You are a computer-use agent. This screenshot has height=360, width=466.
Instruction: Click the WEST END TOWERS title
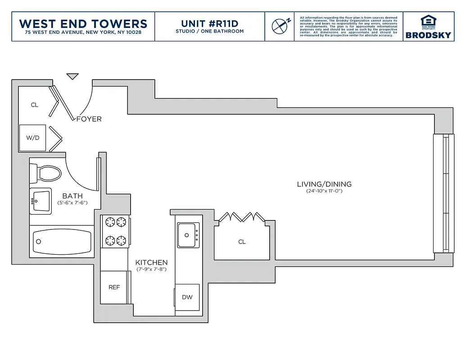coord(83,23)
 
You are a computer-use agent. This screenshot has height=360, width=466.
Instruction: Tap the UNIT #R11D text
coord(209,23)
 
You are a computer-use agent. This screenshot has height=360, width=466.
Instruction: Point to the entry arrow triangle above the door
coord(72,76)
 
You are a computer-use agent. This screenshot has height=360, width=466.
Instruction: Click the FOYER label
coord(89,119)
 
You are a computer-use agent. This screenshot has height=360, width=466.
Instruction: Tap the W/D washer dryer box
coord(32,138)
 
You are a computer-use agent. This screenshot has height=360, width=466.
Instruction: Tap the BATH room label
coord(72,196)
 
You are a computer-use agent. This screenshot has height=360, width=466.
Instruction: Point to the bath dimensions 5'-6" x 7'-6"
coord(72,203)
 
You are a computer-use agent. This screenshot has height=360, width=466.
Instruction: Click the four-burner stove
coord(115,231)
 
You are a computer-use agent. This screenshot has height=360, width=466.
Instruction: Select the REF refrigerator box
coord(114,287)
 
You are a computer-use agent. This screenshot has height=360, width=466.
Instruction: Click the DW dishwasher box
coord(187,297)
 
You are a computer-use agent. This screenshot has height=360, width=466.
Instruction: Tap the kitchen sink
coord(187,235)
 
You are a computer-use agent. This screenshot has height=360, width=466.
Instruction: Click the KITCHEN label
coord(152,262)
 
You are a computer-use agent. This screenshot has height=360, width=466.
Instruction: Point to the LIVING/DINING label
coord(324,184)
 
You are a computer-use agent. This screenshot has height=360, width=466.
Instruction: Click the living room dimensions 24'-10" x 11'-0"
coord(324,191)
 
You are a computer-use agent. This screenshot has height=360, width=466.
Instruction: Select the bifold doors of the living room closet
coord(239,217)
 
